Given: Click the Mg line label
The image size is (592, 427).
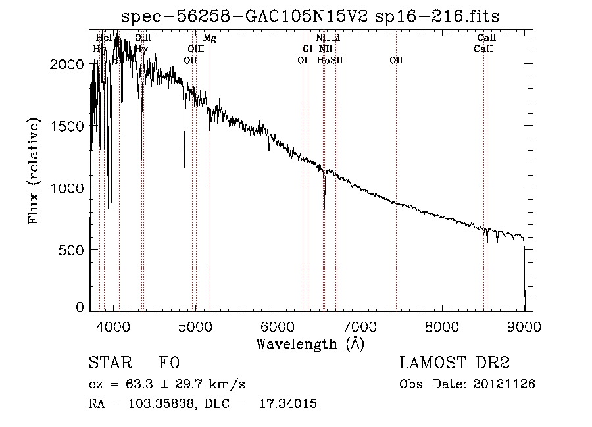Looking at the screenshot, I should point(209,38).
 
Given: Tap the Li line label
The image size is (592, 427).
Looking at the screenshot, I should point(335,38).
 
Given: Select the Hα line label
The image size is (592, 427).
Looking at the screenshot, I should point(322,60).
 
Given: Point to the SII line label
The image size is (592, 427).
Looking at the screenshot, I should point(337,60).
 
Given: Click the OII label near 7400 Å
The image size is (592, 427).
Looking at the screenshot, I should point(396,60).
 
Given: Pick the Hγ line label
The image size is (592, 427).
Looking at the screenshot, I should point(141,49).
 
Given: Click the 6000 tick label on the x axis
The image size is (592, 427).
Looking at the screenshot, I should point(277,325).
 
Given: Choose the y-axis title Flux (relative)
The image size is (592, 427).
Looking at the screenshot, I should point(34,171).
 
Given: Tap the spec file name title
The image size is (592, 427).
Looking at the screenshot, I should point(310,16).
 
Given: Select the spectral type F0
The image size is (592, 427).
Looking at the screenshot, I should point(169,363).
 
